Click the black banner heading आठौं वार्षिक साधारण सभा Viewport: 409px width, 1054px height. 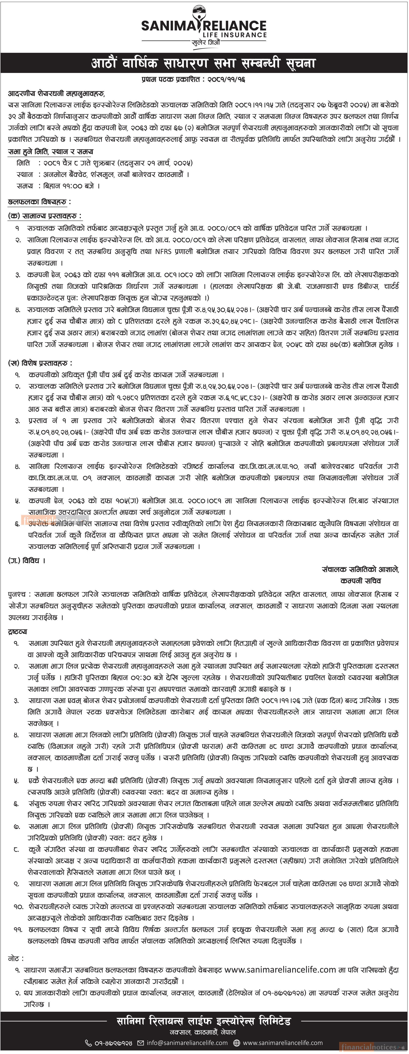204,63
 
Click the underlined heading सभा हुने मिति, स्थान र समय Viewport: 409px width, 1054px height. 50,151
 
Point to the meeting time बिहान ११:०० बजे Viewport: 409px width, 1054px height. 72,186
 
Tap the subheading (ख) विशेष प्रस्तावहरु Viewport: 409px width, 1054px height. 40,363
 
